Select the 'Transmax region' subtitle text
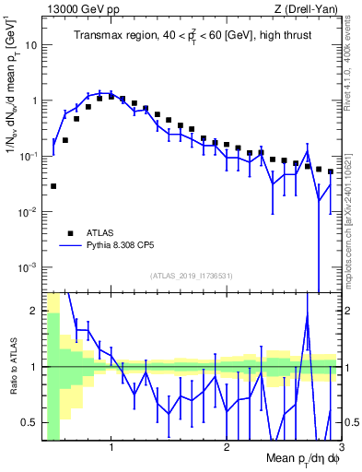114,37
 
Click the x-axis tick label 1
111,448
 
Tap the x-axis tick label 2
227,448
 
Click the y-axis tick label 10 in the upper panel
30,44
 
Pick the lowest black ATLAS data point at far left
53,186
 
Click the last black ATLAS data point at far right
331,171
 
